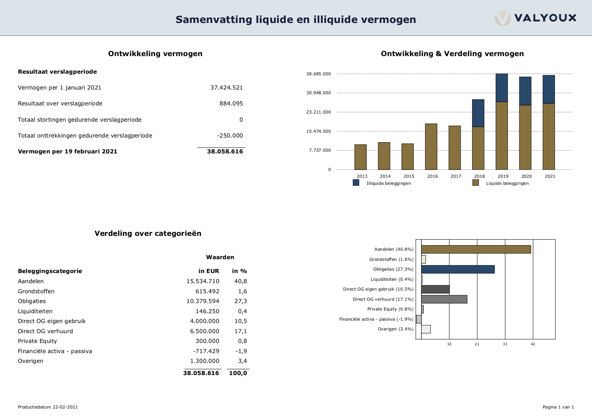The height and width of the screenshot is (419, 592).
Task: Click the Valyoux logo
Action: pyautogui.click(x=536, y=18)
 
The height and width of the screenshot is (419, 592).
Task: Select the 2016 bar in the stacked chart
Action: pyautogui.click(x=431, y=147)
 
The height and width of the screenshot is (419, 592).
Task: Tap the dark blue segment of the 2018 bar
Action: pyautogui.click(x=478, y=113)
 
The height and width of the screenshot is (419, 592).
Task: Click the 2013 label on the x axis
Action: pyautogui.click(x=362, y=176)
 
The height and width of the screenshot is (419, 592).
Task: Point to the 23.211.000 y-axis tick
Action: pyautogui.click(x=318, y=112)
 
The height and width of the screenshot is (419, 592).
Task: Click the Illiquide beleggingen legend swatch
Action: pyautogui.click(x=356, y=183)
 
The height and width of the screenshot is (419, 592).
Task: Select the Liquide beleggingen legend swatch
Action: pyautogui.click(x=475, y=183)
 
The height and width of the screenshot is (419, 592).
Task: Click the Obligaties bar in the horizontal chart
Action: pyautogui.click(x=458, y=269)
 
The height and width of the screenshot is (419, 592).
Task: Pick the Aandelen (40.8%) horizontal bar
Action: pyautogui.click(x=476, y=249)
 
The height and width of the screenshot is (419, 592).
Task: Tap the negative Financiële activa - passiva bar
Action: pyautogui.click(x=419, y=319)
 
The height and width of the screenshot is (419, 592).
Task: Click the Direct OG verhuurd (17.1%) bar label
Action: pyautogui.click(x=383, y=299)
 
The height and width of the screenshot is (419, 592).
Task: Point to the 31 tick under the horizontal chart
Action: pyautogui.click(x=505, y=344)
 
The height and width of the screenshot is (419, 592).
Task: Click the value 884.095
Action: pyautogui.click(x=231, y=103)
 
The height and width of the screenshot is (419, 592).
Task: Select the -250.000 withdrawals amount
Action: pyautogui.click(x=230, y=135)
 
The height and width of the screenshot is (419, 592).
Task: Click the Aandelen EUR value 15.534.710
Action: pyautogui.click(x=203, y=281)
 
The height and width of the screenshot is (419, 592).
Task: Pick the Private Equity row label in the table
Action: pyautogui.click(x=37, y=341)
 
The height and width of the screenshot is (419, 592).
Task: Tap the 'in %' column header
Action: pyautogui.click(x=239, y=271)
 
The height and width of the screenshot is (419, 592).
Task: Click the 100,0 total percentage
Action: pyautogui.click(x=238, y=373)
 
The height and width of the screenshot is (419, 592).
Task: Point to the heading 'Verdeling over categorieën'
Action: pyautogui.click(x=148, y=233)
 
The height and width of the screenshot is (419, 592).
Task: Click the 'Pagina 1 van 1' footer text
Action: pyautogui.click(x=558, y=407)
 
